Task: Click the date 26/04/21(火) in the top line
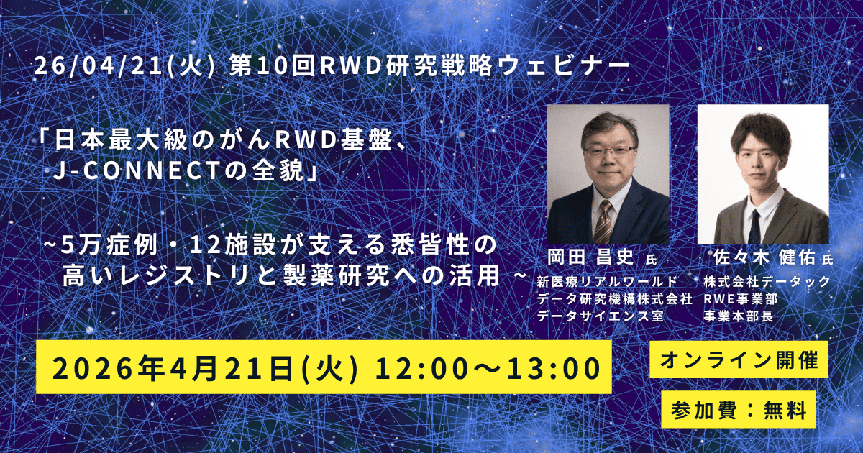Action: point(123,67)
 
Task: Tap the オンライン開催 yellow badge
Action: point(738,361)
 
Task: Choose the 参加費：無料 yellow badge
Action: point(738,410)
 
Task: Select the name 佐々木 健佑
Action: point(764,257)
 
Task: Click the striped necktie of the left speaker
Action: point(603,223)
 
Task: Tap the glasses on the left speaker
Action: point(609,152)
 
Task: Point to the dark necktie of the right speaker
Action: point(754,227)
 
